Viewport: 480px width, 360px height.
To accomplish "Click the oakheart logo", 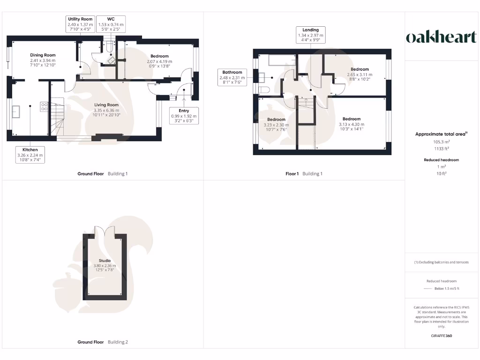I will (441, 37).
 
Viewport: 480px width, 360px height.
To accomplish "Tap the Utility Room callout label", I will (80, 24).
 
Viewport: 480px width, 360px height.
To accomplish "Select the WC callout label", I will (111, 24).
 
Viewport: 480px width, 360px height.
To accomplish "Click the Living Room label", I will (106, 108).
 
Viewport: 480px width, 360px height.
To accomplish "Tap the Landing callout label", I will (310, 35).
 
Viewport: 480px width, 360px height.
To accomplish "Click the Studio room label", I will (105, 263).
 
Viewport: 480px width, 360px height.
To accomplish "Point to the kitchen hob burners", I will (44, 106).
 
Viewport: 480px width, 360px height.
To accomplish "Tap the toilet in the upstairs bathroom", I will (263, 90).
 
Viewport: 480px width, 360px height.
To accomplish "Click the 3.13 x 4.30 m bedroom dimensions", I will (351, 125).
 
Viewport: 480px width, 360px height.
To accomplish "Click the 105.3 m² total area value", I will (441, 141).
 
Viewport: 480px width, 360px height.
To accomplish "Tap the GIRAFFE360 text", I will (441, 336).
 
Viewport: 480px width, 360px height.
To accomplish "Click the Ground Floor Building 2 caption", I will (102, 342).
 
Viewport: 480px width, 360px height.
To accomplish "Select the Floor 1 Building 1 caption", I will (304, 174).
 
